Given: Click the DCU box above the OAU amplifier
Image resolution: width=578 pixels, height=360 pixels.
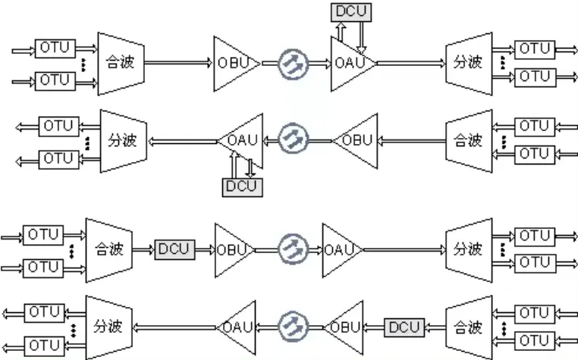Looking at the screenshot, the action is click(351, 12).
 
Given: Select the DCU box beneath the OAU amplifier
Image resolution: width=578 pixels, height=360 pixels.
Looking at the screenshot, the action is click(242, 187).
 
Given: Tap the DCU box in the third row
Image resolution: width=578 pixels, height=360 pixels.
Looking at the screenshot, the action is click(174, 249).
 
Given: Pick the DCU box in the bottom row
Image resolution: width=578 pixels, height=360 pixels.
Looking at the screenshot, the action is click(404, 327).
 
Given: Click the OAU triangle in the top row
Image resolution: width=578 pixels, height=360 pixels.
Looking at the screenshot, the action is click(350, 64).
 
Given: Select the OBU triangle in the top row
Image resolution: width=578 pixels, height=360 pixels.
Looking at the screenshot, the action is click(234, 64).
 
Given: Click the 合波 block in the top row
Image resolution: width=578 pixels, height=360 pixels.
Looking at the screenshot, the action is click(121, 64).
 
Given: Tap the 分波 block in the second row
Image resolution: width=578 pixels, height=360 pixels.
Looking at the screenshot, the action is click(124, 141).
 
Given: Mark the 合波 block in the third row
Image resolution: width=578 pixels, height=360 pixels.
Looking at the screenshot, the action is click(109, 250).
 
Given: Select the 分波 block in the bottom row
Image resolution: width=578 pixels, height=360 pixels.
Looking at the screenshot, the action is click(109, 327).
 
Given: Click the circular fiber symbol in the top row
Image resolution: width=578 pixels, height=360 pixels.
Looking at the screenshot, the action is click(293, 64).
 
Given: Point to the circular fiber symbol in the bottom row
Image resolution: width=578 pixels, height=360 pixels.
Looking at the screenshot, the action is click(293, 327).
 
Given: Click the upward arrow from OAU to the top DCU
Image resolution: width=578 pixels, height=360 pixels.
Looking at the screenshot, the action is click(341, 32).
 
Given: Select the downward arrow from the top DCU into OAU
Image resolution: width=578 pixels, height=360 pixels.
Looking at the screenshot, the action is click(361, 38).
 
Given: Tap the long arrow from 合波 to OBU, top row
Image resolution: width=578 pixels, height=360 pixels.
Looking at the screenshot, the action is click(179, 63).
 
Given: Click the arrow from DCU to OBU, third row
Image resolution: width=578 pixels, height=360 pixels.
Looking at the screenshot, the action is click(205, 250).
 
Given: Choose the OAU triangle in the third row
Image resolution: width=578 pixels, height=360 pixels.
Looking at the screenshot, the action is click(339, 250).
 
